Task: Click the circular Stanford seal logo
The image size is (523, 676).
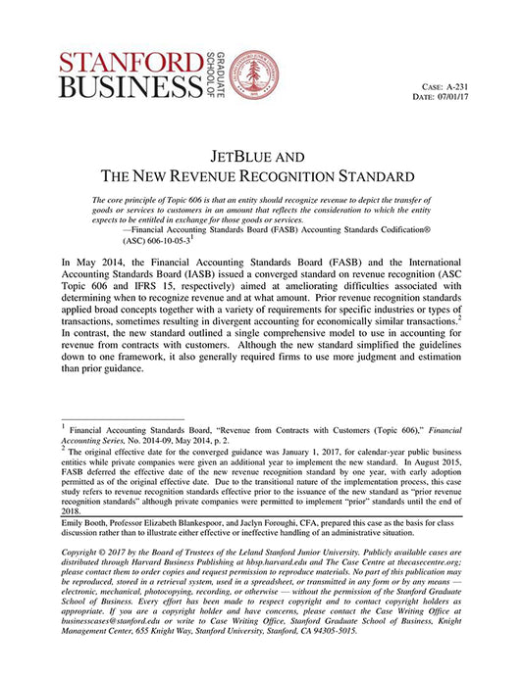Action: pyautogui.click(x=250, y=73)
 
